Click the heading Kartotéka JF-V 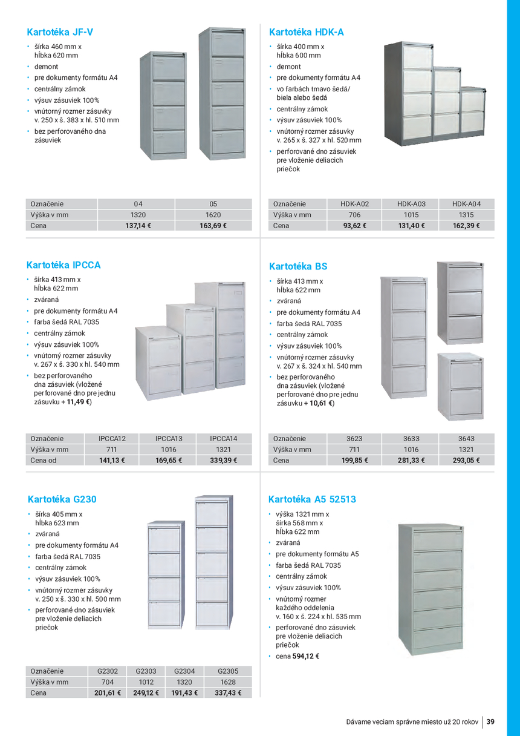point(60,32)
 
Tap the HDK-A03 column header point(411,204)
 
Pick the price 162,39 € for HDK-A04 point(466,226)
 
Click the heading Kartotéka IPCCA point(63,265)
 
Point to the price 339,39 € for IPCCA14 point(223,460)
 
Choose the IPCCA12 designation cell point(112,438)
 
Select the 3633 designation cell point(411,438)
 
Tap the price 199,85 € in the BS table point(354,460)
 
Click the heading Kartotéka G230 point(62,499)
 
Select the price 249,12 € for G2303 point(146,693)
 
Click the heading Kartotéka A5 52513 point(312,499)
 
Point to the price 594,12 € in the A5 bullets point(306,656)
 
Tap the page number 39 point(490,721)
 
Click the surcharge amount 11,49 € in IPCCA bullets point(78,401)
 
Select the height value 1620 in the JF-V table point(213,215)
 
